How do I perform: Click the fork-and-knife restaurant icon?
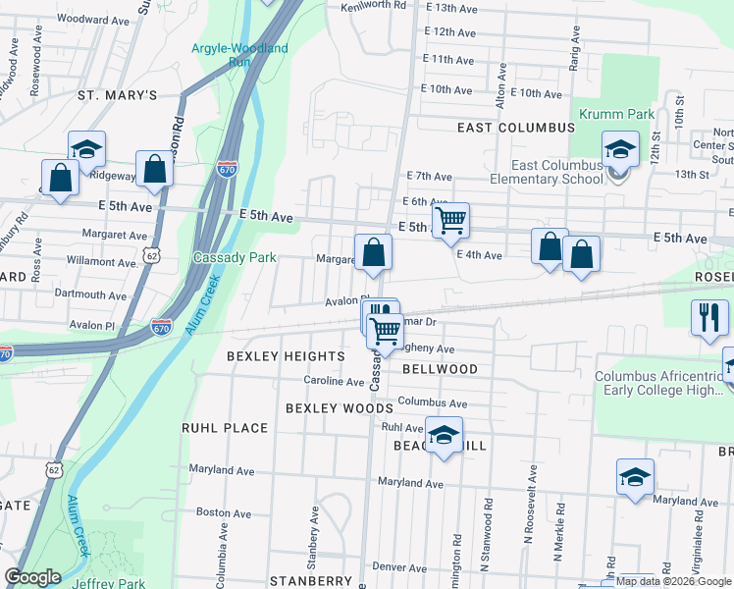coord(708,318)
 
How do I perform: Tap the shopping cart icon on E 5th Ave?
coord(450,221)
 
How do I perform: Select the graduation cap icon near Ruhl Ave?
coord(444,434)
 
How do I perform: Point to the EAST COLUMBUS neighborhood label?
coord(515,128)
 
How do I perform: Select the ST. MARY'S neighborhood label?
coord(118,95)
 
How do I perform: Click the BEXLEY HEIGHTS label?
coord(286,355)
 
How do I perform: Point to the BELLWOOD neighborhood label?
coord(440,369)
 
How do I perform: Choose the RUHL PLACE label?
coord(225,428)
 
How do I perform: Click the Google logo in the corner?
coord(32,577)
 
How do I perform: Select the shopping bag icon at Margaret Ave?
coord(373,253)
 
